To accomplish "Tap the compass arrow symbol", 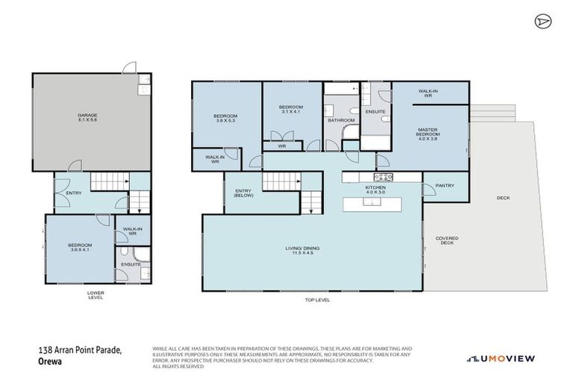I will tap(542, 22).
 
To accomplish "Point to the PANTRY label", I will tap(445, 186).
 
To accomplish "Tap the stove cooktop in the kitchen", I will tap(383, 177).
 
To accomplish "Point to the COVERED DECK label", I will tap(448, 240).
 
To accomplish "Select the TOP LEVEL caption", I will tap(316, 300).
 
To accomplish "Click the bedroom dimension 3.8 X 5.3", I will tap(225, 120).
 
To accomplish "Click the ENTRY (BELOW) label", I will tap(243, 194).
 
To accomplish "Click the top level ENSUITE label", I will tap(375, 112).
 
